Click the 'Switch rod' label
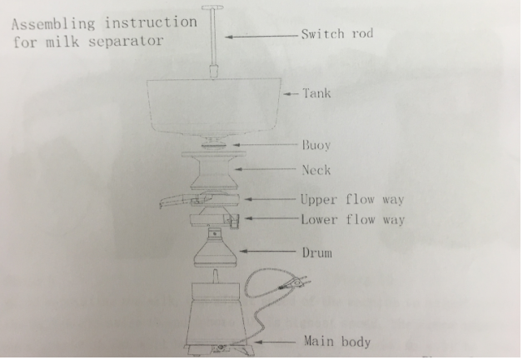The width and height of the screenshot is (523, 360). point(336,35)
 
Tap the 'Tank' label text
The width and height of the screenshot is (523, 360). point(316,93)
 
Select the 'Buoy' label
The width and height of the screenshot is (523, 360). point(316,145)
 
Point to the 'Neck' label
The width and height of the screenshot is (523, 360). point(316,170)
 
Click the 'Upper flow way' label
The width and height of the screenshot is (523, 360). point(352,201)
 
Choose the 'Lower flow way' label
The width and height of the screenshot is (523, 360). point(352,220)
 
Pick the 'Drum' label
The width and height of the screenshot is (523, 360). point(317,252)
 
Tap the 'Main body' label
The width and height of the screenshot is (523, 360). point(336,342)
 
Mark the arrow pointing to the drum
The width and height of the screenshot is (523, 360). point(267,251)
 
